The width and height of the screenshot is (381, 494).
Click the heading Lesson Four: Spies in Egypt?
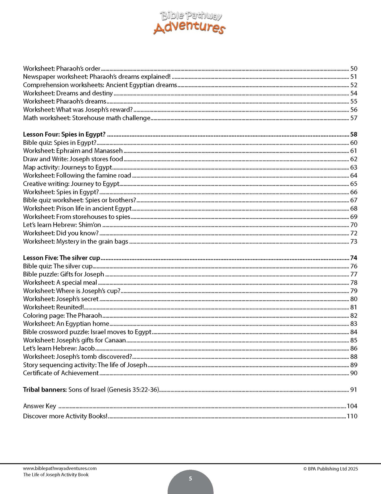coord(64,134)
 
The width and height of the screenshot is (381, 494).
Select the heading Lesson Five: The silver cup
coord(61,258)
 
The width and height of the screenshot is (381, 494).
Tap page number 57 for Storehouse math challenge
coord(354,118)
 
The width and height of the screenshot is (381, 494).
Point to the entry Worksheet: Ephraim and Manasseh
coord(73,151)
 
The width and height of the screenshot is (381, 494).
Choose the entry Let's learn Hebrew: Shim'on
coord(62,225)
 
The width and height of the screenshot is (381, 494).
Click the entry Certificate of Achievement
coord(61,373)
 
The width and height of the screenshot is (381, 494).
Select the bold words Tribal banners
coord(45,390)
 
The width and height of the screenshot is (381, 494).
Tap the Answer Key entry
coord(40,406)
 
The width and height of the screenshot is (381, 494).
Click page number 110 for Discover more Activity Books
coord(352,416)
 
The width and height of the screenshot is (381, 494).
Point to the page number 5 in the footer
coord(190,479)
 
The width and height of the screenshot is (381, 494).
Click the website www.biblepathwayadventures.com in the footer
coord(60,469)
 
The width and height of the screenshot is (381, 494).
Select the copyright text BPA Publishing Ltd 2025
coord(331,469)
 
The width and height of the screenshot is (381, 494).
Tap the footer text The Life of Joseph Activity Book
coord(56,475)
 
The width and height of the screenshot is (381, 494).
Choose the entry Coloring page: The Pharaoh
coord(62,316)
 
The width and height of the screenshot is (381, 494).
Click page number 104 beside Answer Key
coord(352,406)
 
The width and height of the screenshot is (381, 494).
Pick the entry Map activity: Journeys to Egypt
coord(67,167)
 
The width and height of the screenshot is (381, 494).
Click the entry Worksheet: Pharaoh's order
coord(62,69)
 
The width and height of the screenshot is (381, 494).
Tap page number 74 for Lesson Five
coord(354,258)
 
